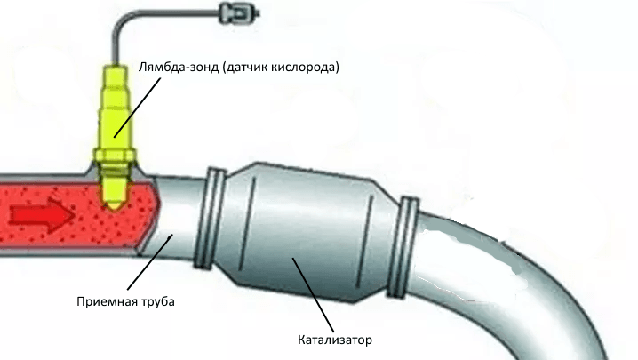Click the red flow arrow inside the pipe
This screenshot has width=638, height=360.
[x=42, y=215]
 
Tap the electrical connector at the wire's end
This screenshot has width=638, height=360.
[x=239, y=13]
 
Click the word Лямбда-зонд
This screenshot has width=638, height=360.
[x=179, y=67]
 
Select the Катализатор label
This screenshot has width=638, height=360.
[x=335, y=340]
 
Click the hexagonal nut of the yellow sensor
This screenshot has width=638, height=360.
[x=115, y=156]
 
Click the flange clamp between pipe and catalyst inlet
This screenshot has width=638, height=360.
[x=210, y=218]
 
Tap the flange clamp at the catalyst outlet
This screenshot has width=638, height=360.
[x=403, y=247]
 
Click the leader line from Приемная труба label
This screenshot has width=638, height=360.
[x=150, y=261]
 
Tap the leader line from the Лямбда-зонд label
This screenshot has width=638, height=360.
[x=137, y=107]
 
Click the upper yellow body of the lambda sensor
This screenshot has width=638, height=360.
[x=116, y=107]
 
